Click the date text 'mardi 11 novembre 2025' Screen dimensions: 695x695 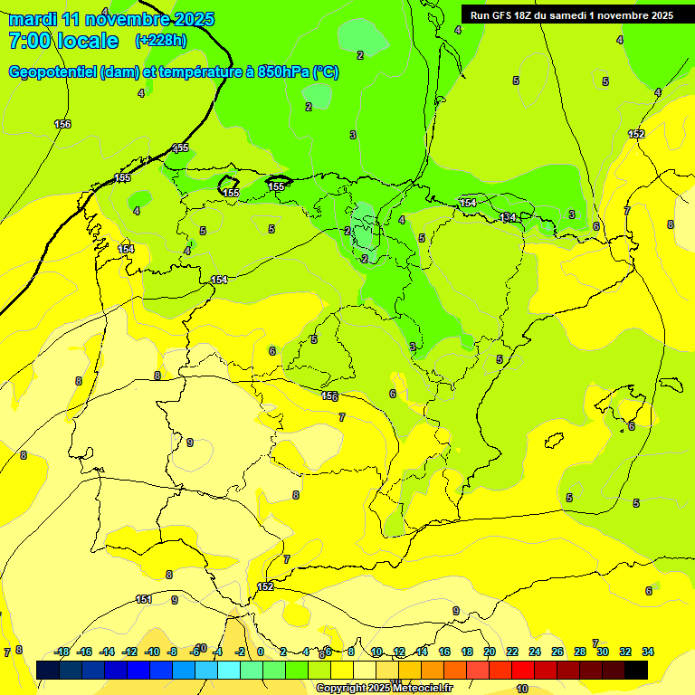(111, 19)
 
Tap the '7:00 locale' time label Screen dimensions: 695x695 (63, 41)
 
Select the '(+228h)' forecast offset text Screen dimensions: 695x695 (161, 41)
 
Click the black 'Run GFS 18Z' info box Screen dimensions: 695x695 (572, 14)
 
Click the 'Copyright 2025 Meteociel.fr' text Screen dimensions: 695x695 (384, 688)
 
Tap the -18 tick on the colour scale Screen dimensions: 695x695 (62, 652)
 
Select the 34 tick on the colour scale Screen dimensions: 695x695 (648, 652)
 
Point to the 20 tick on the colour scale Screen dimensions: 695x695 (490, 652)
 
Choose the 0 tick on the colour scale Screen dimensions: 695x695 (261, 652)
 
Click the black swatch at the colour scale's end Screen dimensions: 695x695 (636, 670)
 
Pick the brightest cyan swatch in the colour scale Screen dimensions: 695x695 (229, 670)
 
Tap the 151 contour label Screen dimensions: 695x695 (143, 599)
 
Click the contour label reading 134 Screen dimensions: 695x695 (509, 217)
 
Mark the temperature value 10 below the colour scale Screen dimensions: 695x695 (521, 689)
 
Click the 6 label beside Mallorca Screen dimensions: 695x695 (632, 425)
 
